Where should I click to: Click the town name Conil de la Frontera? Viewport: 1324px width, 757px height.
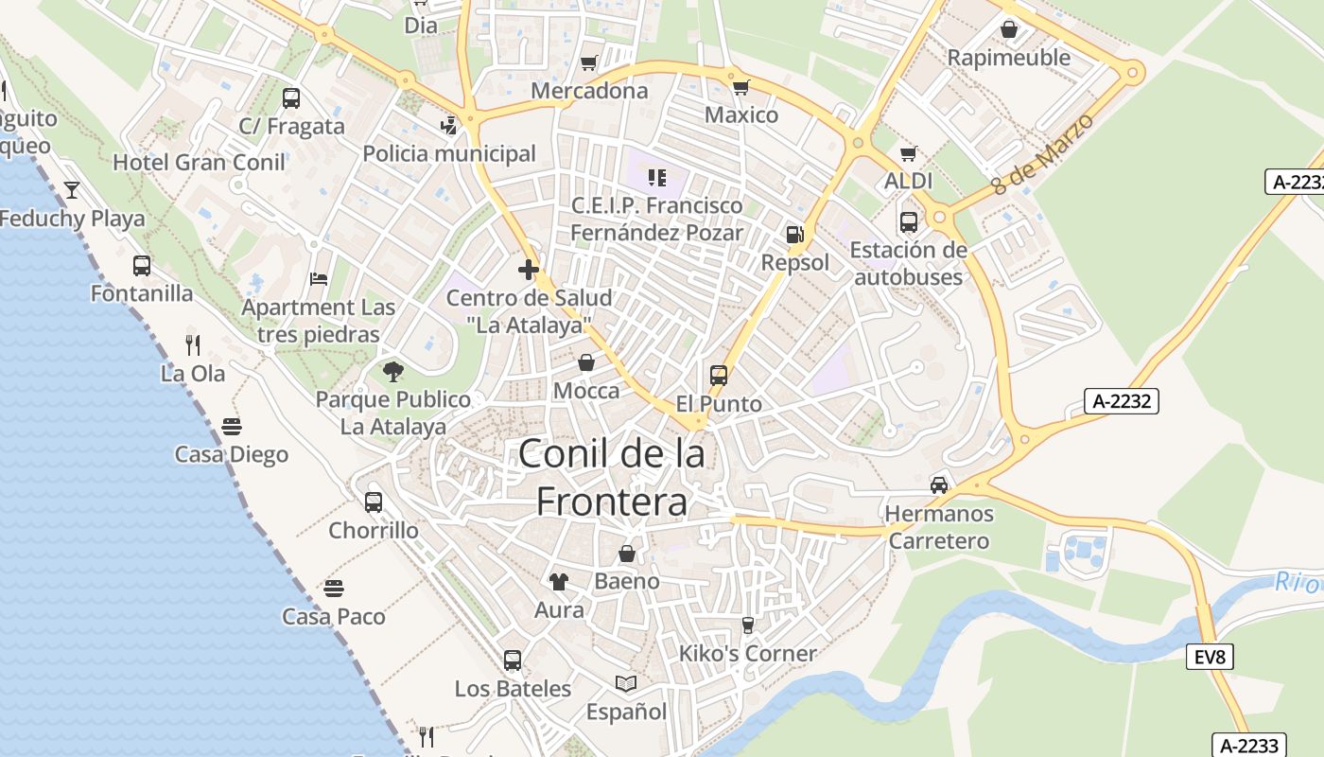click(x=612, y=477)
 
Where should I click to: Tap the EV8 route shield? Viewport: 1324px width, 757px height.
click(x=1210, y=657)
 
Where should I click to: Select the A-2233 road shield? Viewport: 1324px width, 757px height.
click(x=1247, y=745)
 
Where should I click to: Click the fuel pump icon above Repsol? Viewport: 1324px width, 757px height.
click(x=794, y=235)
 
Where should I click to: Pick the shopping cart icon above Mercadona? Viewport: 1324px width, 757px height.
click(x=589, y=63)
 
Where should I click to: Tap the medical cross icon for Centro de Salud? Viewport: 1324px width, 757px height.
click(x=529, y=271)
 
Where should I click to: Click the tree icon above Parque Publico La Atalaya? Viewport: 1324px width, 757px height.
click(x=393, y=372)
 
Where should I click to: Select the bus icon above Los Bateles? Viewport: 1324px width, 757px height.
click(x=513, y=660)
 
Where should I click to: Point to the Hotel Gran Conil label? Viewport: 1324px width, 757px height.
click(x=199, y=163)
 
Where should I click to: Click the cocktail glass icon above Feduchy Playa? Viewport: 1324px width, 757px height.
click(x=72, y=190)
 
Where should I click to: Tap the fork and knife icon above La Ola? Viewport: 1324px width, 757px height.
click(x=193, y=344)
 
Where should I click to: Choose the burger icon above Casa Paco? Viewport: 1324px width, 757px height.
click(x=333, y=589)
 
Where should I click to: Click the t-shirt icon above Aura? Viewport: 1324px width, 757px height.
click(x=559, y=582)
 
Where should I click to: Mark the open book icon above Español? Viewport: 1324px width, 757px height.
click(x=625, y=683)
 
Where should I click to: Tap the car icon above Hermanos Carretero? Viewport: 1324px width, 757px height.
click(x=939, y=485)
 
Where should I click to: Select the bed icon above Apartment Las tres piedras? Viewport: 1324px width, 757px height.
click(x=319, y=279)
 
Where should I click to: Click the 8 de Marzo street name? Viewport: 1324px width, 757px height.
click(x=1043, y=154)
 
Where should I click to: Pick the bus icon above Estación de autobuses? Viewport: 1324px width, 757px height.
click(x=908, y=222)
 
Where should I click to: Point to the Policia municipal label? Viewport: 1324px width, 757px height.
click(x=449, y=153)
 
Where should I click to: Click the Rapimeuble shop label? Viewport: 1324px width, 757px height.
click(x=1009, y=58)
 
